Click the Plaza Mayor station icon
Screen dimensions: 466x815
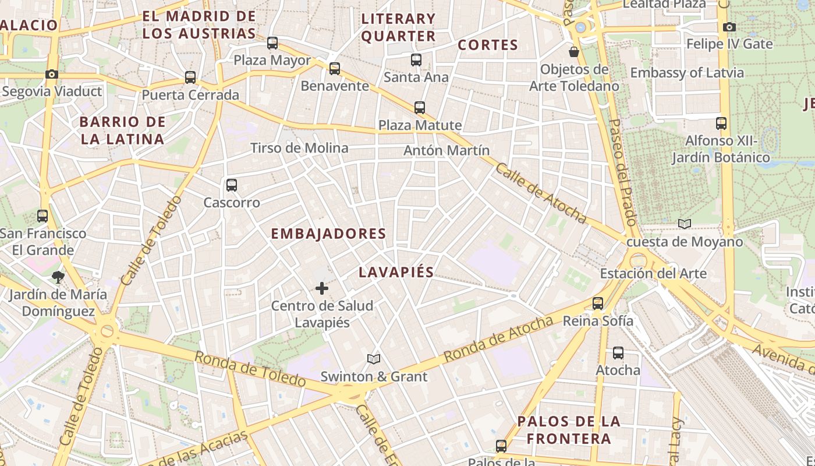coord(272,43)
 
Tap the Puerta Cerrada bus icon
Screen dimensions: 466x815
coord(190,77)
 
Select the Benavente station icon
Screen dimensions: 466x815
coord(334,68)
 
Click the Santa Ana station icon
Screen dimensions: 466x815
coord(416,59)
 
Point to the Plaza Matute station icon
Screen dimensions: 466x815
coord(419,107)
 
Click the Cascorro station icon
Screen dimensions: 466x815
coord(231,185)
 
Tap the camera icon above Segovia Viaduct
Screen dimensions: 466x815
coord(52,74)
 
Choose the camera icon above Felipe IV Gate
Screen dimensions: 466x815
coord(729,27)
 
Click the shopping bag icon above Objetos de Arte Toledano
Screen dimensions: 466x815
coord(574,52)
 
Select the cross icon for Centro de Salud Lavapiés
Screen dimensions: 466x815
coord(321,288)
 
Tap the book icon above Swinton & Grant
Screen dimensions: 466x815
coord(374,359)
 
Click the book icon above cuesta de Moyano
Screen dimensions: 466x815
coord(685,224)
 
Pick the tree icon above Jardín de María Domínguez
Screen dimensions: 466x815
coord(58,277)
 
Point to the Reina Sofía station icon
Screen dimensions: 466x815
coord(598,303)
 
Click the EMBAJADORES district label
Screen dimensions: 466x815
coord(328,234)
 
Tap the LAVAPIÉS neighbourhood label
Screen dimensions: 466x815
coord(396,272)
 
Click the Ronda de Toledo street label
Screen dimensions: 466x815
coord(250,369)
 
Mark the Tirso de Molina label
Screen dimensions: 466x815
coord(299,148)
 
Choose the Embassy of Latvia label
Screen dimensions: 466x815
coord(687,73)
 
